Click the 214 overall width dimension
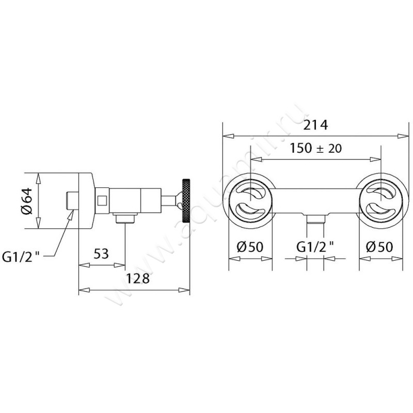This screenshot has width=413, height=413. tap(315, 125)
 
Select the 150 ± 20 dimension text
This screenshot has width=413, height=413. tap(315, 148)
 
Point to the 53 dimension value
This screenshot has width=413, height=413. tap(101, 254)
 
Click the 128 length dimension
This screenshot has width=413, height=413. tap(138, 279)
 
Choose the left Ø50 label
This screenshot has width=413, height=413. tap(250, 247)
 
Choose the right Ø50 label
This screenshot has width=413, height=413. tap(379, 247)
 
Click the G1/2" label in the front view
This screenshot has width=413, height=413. tap(315, 247)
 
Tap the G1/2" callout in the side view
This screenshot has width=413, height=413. tap(21, 257)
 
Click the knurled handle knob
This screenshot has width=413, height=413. tap(186, 201)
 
